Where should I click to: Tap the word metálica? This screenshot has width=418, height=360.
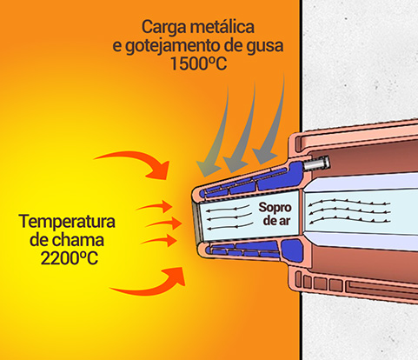[222, 27]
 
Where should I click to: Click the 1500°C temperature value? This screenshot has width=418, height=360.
[198, 63]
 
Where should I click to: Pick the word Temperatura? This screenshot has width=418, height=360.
[67, 222]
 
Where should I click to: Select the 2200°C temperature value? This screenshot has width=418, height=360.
[69, 258]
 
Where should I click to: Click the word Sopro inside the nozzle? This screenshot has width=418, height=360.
[275, 208]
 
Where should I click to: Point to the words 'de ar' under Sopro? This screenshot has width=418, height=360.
[276, 221]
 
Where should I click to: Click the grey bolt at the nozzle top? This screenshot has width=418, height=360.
[316, 163]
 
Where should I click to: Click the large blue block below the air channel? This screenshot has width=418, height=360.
[292, 250]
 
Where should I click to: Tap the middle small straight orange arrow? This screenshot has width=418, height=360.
[164, 223]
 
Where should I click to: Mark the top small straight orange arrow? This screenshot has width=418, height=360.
[155, 206]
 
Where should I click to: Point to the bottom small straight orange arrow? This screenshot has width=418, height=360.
[159, 240]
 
